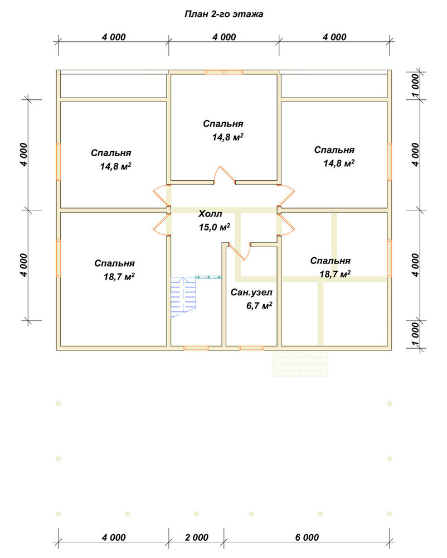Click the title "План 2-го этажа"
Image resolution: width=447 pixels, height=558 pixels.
(x=224, y=15)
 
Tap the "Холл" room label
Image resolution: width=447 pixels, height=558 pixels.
(x=210, y=214)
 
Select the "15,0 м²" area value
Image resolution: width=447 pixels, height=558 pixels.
(x=214, y=227)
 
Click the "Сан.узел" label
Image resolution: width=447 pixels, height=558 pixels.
(x=251, y=292)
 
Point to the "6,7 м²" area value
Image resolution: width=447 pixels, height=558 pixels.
(x=259, y=306)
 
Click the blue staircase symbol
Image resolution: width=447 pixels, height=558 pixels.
(x=184, y=297)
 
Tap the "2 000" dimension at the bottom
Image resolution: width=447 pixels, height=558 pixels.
(x=197, y=537)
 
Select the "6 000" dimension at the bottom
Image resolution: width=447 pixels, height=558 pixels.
(x=307, y=537)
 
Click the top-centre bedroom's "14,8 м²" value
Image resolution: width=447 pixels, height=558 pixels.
(x=228, y=137)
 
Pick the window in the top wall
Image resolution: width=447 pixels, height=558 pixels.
(x=224, y=72)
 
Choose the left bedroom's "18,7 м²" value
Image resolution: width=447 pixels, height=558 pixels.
(x=119, y=277)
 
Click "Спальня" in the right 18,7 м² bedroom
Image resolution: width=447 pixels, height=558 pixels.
(x=331, y=261)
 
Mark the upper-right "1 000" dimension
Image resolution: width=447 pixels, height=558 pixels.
(x=415, y=86)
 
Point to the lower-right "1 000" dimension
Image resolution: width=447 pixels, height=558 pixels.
(x=415, y=334)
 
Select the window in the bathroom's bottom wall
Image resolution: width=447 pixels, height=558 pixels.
(x=251, y=348)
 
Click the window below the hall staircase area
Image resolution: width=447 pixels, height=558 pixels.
(x=196, y=348)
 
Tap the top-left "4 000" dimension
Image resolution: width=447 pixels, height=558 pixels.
(x=114, y=37)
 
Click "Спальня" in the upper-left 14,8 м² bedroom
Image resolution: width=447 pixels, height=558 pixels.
(x=111, y=153)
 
